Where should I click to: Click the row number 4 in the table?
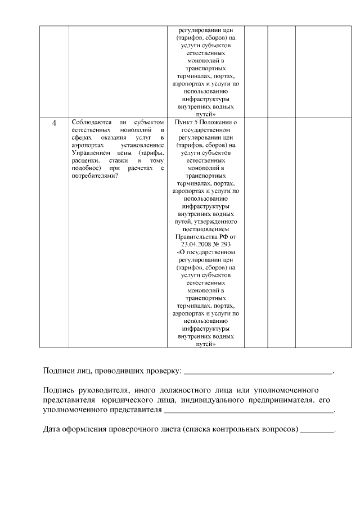pyautogui.click(x=54, y=123)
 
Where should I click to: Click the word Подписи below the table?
pyautogui.click(x=60, y=371)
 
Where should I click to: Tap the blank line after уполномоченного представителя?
pyautogui.click(x=248, y=412)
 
